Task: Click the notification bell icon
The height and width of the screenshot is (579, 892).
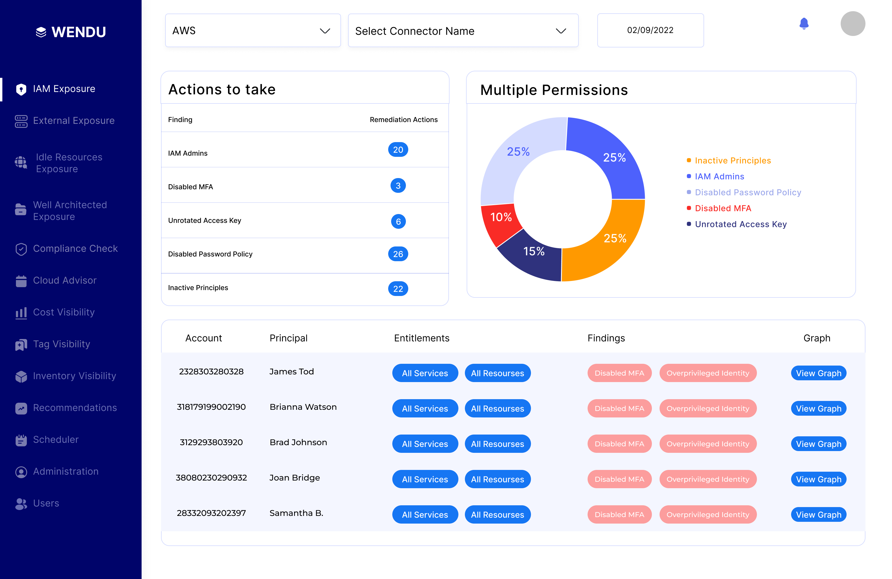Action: tap(804, 24)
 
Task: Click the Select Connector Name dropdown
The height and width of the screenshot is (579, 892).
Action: tap(463, 31)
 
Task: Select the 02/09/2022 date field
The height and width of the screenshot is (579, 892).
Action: tap(650, 30)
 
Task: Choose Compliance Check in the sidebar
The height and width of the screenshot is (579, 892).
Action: tap(75, 249)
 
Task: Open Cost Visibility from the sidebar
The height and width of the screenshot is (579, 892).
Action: tap(63, 312)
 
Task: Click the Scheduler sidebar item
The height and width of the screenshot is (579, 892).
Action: tap(55, 440)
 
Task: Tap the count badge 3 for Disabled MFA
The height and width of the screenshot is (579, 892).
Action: tap(398, 186)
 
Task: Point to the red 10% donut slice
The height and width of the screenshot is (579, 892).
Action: tap(500, 221)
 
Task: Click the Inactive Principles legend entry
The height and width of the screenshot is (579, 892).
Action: tap(732, 161)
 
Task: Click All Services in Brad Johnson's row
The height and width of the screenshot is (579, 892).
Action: tap(425, 444)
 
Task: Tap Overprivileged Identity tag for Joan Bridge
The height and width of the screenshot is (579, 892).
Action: tap(708, 479)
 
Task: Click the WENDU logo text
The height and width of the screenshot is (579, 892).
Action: tap(78, 32)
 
